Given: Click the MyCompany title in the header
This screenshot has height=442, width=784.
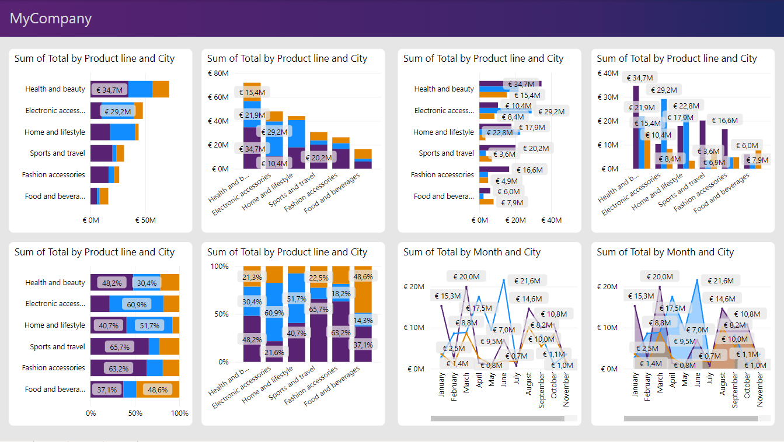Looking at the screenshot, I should [x=51, y=19].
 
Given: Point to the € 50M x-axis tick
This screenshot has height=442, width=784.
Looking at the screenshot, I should [x=145, y=220].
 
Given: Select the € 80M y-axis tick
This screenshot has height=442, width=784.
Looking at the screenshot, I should [x=218, y=73].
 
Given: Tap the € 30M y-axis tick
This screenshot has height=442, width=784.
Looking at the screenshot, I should [x=608, y=97].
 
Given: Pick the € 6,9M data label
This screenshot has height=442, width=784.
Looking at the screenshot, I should [x=713, y=163].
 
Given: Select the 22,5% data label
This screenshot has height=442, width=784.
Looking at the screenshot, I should [x=318, y=278].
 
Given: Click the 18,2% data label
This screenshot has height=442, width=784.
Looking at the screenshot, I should [x=340, y=293].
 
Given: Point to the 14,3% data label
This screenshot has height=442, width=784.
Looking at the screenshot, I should [x=363, y=320].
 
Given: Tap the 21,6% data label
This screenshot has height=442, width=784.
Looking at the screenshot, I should [x=274, y=352].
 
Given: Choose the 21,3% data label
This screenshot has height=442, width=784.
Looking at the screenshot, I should [x=252, y=277].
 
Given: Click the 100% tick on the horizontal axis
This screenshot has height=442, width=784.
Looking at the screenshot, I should [x=179, y=413].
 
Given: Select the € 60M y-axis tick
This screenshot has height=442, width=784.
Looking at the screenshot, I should [x=218, y=97].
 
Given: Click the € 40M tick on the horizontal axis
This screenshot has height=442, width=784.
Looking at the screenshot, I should [x=551, y=220].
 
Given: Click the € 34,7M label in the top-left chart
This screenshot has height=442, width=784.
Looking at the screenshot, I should [x=109, y=90].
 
